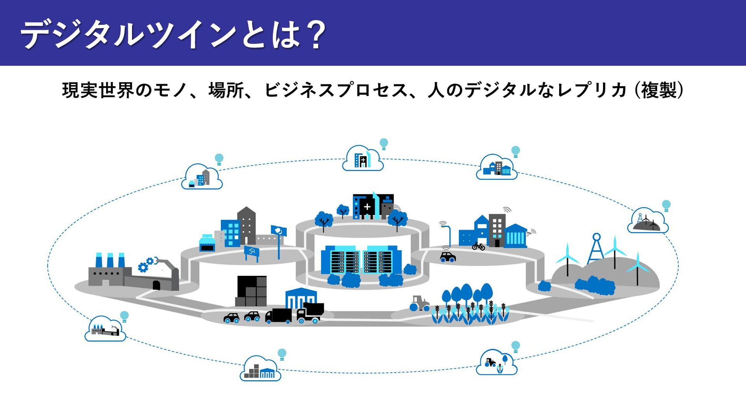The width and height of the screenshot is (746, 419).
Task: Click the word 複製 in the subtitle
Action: click(x=659, y=90)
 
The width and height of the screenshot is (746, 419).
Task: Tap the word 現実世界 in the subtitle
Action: click(x=98, y=90)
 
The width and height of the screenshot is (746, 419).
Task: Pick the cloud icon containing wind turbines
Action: click(x=648, y=221)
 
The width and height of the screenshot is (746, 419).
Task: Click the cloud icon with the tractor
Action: click(x=496, y=362)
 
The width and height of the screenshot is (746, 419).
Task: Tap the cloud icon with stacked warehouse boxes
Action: click(x=260, y=369)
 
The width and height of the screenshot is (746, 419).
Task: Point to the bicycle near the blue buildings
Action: click(x=478, y=246)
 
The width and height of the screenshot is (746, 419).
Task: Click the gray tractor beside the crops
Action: click(x=419, y=303)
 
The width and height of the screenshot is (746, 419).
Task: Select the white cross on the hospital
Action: click(x=367, y=207)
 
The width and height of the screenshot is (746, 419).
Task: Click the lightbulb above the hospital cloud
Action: click(x=384, y=144)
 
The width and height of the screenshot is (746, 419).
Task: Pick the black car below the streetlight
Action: click(x=448, y=256)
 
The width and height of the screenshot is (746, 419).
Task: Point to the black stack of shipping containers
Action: click(x=252, y=291)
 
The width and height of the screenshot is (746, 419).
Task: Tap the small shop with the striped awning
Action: click(x=207, y=243)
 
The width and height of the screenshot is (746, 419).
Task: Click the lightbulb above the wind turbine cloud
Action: click(x=666, y=205)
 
